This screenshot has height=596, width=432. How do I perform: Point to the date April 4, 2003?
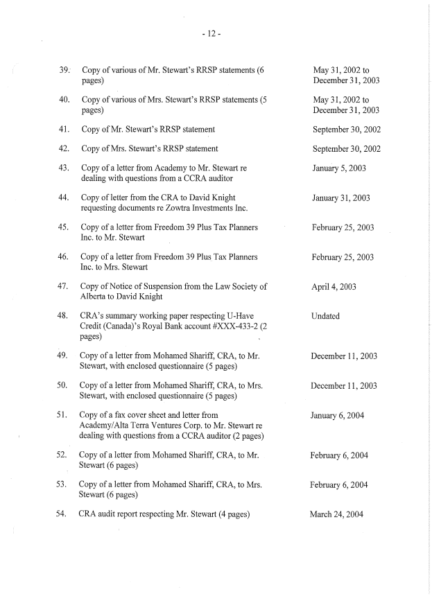click(334, 287)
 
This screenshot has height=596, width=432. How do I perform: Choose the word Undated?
click(326, 316)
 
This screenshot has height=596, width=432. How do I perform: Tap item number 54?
click(64, 515)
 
